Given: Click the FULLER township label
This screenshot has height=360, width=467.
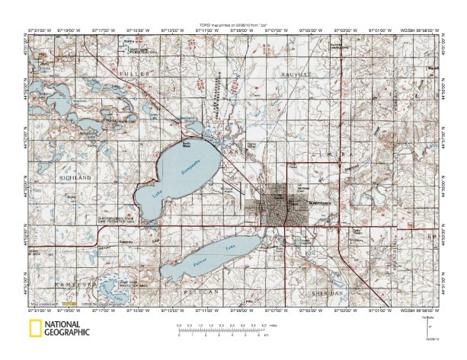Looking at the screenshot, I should point(129,72).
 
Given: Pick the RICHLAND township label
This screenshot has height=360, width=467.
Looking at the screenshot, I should point(75,177).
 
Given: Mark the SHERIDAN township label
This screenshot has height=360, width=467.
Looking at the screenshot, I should point(328,292).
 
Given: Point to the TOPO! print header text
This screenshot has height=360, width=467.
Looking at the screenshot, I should point(232,25).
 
